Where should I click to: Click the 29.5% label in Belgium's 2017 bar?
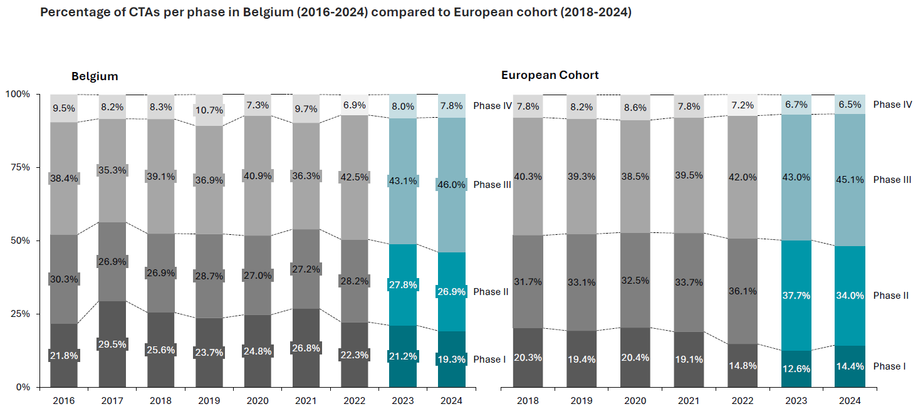(112, 344)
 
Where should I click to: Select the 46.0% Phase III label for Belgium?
(451, 185)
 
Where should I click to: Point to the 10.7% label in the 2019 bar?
(209, 110)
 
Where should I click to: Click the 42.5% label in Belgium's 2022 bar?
(354, 177)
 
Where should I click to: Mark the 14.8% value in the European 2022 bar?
(743, 366)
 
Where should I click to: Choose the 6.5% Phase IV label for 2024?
(850, 105)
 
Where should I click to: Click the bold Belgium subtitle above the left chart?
(95, 76)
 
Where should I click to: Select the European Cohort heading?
(550, 75)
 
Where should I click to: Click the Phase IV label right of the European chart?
(892, 105)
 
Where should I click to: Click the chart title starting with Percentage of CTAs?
(335, 13)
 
